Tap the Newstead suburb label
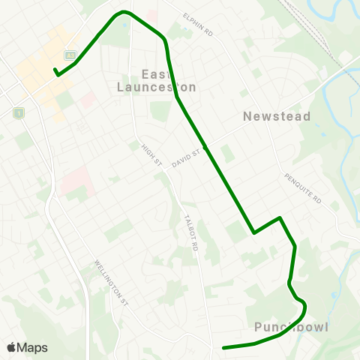272,116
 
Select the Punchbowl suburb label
292,327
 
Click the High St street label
152,154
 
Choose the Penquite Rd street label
302,188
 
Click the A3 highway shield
69,55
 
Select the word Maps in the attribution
32,347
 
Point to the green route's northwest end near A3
55,72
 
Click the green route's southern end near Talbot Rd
223,347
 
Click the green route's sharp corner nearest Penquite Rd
280,218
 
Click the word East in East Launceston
155,73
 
